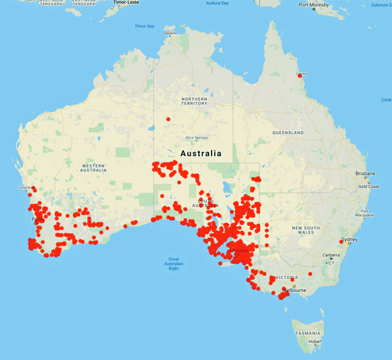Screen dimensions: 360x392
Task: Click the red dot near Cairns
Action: coord(301,76)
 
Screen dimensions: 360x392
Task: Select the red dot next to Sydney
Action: coord(341,241)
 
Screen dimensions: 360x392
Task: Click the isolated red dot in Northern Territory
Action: coord(168,119)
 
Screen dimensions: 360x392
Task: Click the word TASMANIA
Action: coord(306,333)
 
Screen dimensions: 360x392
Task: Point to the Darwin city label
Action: coord(170,33)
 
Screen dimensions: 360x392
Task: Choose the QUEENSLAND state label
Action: coord(288,133)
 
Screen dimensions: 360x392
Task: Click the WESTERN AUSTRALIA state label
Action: coord(93,168)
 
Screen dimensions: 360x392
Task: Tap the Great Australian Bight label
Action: coord(173,264)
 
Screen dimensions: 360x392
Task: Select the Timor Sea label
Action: coord(144,26)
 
